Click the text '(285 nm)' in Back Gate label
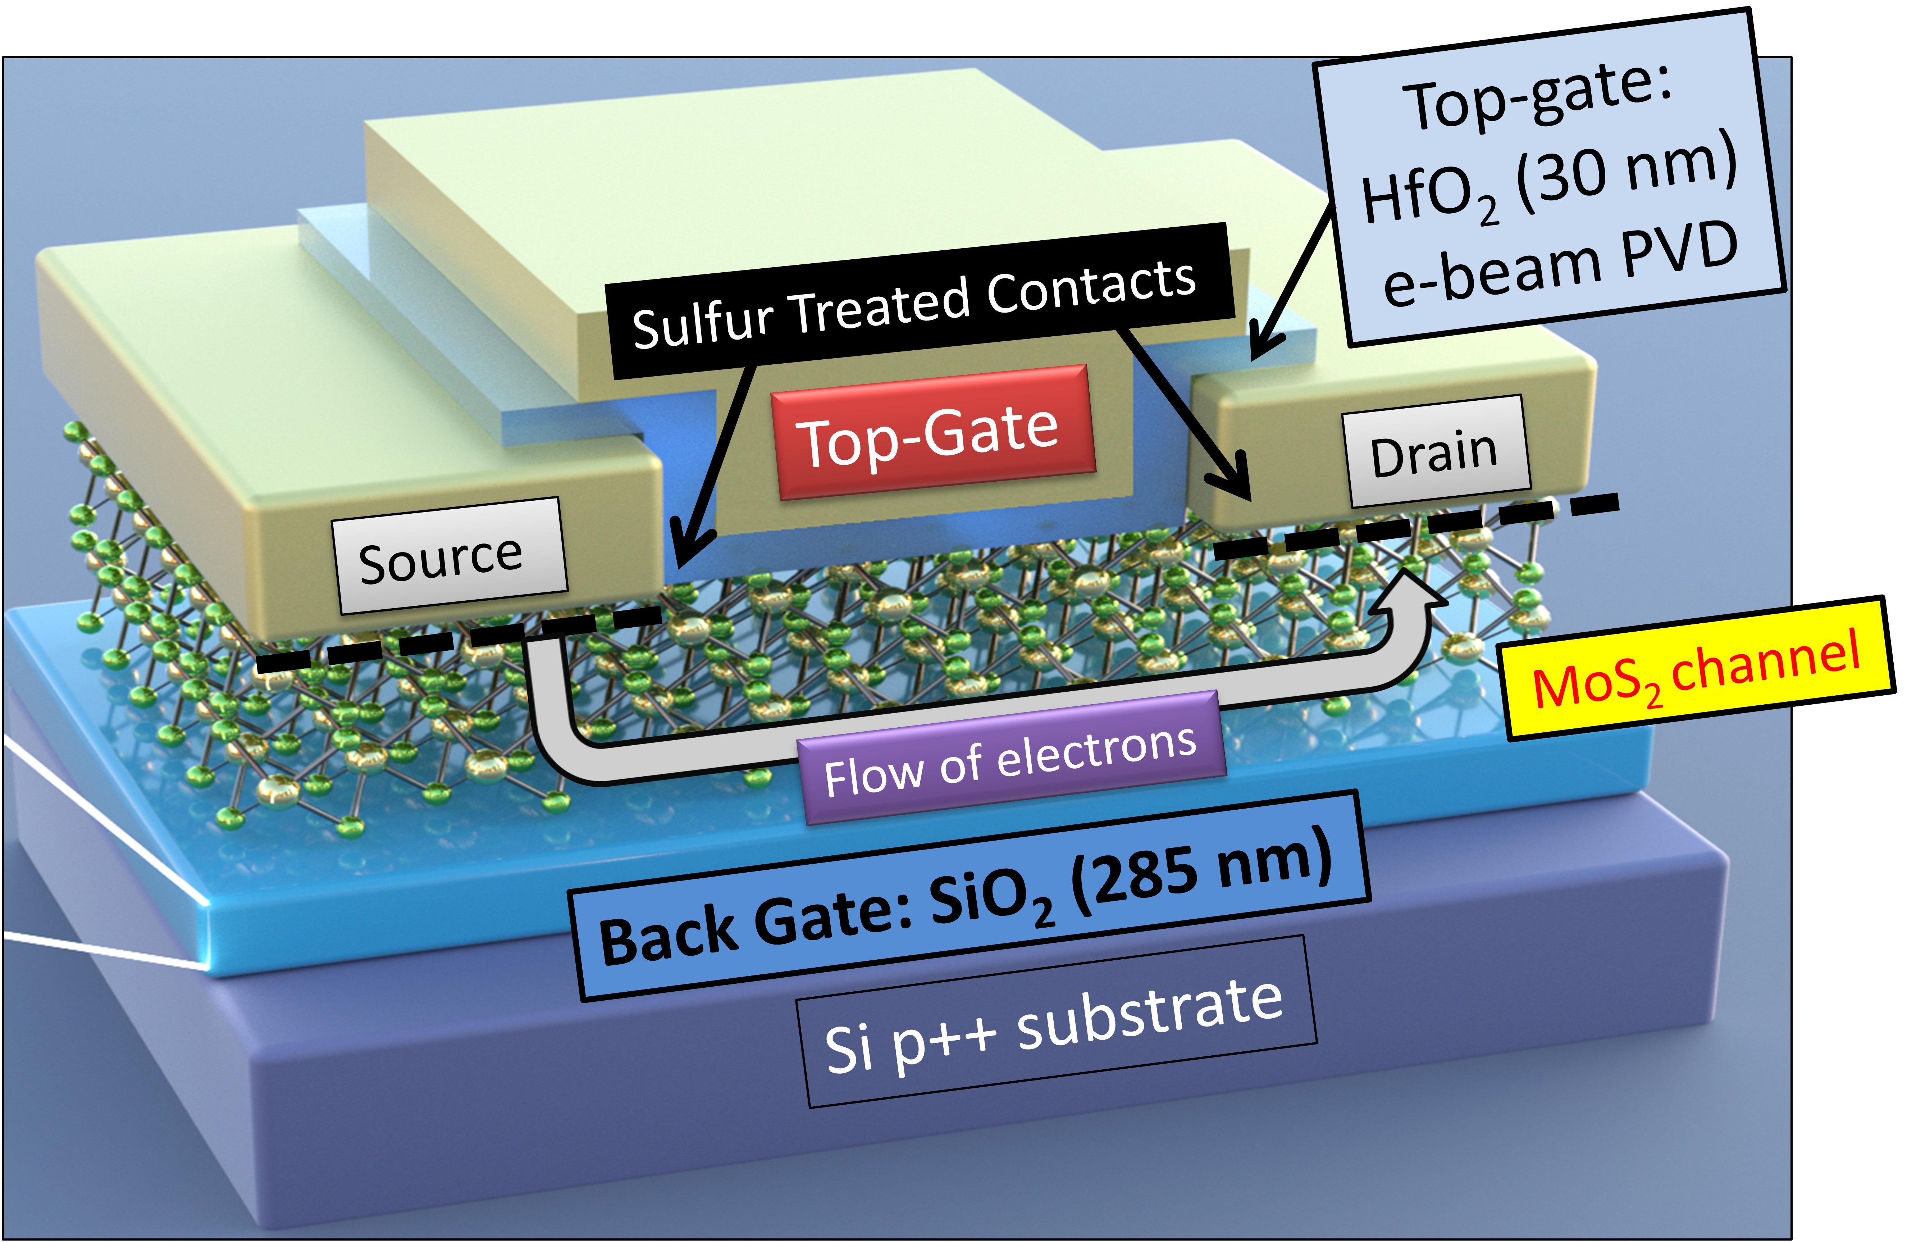[x=1202, y=873]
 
